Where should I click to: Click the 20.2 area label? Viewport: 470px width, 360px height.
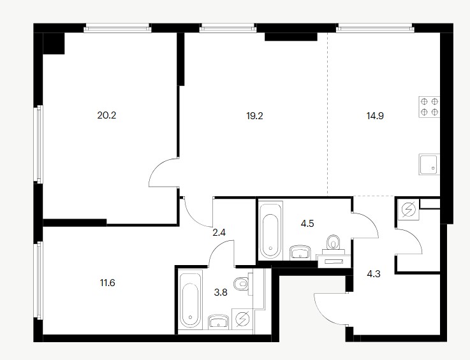point(106,115)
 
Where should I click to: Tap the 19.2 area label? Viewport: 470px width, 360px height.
point(254,116)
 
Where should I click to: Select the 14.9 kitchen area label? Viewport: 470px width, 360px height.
point(375,116)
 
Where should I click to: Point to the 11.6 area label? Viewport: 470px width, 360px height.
point(107,283)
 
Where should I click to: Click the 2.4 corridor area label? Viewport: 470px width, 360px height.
point(219,233)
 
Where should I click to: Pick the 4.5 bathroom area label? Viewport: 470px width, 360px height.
point(307,224)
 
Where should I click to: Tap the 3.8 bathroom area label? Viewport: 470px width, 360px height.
point(221,292)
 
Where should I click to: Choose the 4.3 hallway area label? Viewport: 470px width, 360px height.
point(374,274)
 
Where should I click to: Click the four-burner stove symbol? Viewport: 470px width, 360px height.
point(429,106)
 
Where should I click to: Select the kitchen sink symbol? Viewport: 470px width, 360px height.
point(429,164)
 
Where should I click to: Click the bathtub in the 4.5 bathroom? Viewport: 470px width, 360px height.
point(271,230)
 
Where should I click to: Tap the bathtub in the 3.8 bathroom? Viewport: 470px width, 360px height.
point(190,300)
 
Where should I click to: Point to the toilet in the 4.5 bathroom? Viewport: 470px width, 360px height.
point(334,242)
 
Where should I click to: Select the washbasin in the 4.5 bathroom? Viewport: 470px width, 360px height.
point(300,252)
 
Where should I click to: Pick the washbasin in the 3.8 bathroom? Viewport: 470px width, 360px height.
point(218,322)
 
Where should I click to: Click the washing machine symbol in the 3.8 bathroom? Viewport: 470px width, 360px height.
point(242,320)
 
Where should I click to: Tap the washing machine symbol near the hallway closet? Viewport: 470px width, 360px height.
point(408,209)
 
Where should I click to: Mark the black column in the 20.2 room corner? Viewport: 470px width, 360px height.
point(54,43)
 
